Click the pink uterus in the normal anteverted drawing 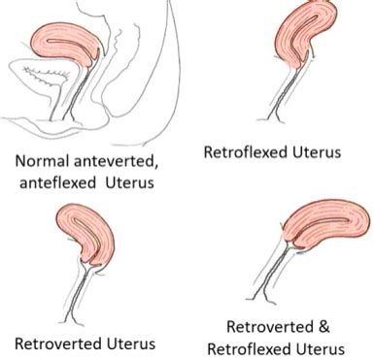pos(68,41)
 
